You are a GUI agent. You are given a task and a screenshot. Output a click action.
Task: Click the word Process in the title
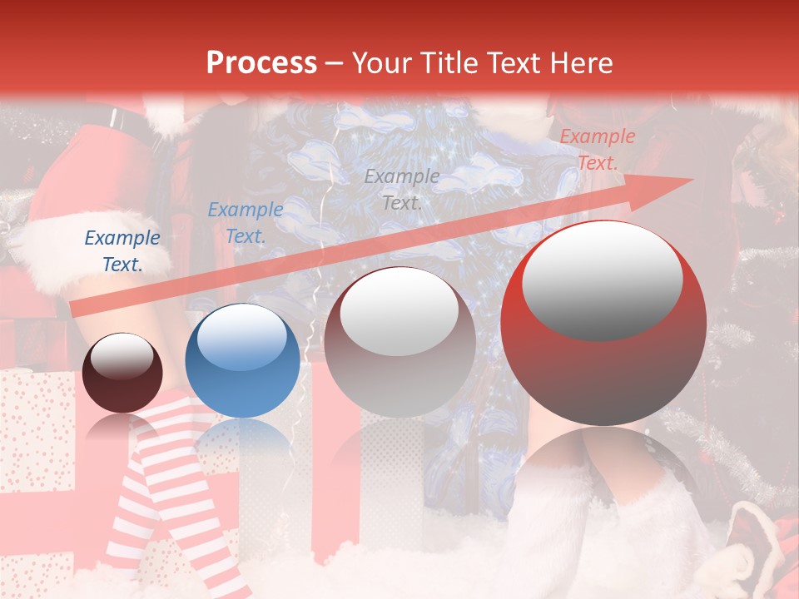(261, 63)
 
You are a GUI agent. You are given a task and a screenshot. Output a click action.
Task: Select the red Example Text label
(597, 150)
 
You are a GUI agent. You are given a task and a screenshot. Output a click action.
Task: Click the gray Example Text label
(402, 190)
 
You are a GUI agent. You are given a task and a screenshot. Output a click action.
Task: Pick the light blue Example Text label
(245, 223)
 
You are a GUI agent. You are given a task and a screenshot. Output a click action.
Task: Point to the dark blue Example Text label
(122, 251)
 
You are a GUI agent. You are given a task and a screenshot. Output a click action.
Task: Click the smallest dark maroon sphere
(122, 374)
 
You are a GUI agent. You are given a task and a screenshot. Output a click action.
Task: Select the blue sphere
(242, 361)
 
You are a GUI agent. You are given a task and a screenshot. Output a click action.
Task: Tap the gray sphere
(399, 343)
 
